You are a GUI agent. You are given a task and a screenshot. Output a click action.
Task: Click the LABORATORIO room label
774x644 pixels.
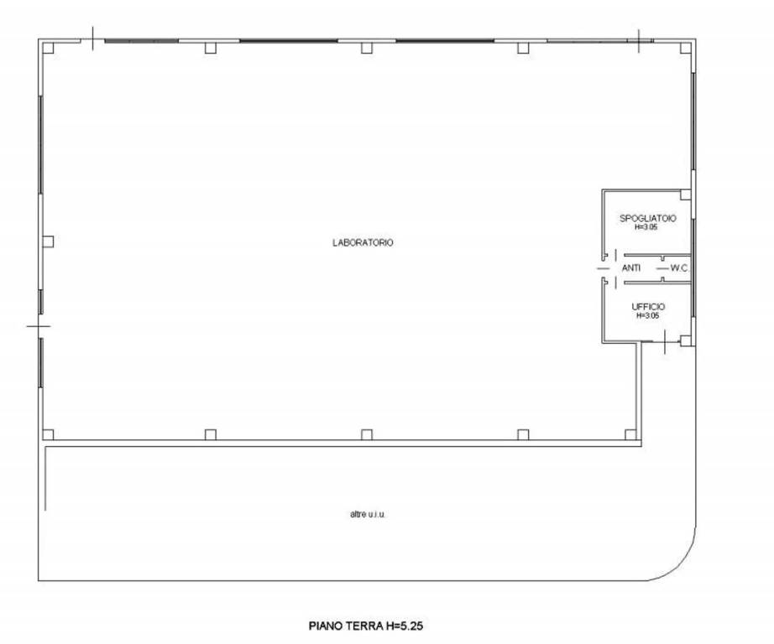pyautogui.click(x=363, y=242)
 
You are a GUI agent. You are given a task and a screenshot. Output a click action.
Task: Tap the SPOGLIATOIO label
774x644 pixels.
pyautogui.click(x=647, y=218)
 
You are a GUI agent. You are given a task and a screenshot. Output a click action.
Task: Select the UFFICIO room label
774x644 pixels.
pyautogui.click(x=648, y=307)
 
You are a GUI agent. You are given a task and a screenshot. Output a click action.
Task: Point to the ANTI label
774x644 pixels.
pyautogui.click(x=630, y=268)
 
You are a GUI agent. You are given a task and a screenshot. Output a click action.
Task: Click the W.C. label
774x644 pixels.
pyautogui.click(x=679, y=268)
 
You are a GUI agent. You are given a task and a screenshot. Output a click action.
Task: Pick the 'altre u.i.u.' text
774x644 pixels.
pyautogui.click(x=367, y=514)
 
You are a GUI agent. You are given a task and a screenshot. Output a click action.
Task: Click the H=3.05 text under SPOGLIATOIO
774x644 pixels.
pyautogui.click(x=646, y=227)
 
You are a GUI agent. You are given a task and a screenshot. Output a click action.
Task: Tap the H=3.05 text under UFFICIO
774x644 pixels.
pyautogui.click(x=647, y=315)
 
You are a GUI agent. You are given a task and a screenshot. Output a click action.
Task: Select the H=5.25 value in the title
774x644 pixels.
pyautogui.click(x=405, y=626)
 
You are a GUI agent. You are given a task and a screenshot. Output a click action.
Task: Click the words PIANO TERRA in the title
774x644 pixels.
pyautogui.click(x=346, y=626)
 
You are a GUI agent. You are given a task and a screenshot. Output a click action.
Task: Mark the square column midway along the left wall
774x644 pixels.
pyautogui.click(x=48, y=241)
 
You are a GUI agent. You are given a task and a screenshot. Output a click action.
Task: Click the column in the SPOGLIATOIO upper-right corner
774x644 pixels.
pyautogui.click(x=685, y=195)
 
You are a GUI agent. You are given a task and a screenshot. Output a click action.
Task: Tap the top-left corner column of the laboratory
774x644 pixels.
pyautogui.click(x=48, y=48)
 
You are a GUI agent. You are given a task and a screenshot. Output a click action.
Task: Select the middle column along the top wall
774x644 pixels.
pyautogui.click(x=366, y=48)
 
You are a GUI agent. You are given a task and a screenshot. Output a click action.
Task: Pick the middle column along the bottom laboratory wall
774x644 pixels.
pyautogui.click(x=366, y=434)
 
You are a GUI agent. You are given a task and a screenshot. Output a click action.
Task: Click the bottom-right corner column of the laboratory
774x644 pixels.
pyautogui.click(x=630, y=434)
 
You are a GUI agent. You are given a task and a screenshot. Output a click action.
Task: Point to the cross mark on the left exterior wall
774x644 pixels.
pyautogui.click(x=39, y=326)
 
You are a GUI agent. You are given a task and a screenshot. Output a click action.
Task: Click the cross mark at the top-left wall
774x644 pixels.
pyautogui.click(x=93, y=39)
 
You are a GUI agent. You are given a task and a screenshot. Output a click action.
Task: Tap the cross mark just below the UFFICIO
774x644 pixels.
pyautogui.click(x=664, y=342)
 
